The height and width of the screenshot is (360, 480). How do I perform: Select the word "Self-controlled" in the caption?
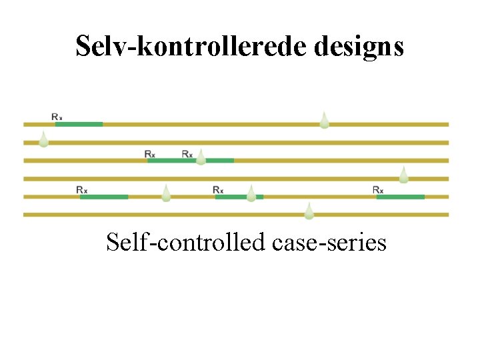(x=186, y=242)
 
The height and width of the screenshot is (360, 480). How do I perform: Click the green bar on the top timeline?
(x=79, y=124)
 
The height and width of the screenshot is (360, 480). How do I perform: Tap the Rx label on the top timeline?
(x=57, y=117)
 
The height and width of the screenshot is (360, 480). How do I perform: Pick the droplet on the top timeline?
(x=324, y=120)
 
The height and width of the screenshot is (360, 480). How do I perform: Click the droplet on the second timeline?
(x=43, y=139)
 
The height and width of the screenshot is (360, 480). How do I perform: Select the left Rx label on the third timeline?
(x=150, y=153)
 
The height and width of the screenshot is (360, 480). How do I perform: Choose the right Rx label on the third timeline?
(x=187, y=153)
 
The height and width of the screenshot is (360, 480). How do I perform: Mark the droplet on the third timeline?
(x=201, y=157)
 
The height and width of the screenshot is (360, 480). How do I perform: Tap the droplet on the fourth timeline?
(x=403, y=175)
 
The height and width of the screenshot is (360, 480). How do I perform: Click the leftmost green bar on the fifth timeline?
(x=104, y=197)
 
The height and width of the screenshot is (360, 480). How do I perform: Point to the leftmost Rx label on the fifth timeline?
(x=82, y=189)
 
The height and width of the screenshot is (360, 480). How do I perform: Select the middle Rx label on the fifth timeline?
(x=218, y=189)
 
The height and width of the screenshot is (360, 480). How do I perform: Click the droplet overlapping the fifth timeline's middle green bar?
(x=251, y=194)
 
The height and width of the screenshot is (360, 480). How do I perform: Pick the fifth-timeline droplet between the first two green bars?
(x=166, y=193)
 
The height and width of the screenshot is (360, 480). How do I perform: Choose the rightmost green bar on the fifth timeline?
(x=400, y=197)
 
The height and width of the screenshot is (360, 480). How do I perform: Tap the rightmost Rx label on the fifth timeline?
(x=378, y=189)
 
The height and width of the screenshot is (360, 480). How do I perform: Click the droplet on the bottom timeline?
(x=309, y=211)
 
